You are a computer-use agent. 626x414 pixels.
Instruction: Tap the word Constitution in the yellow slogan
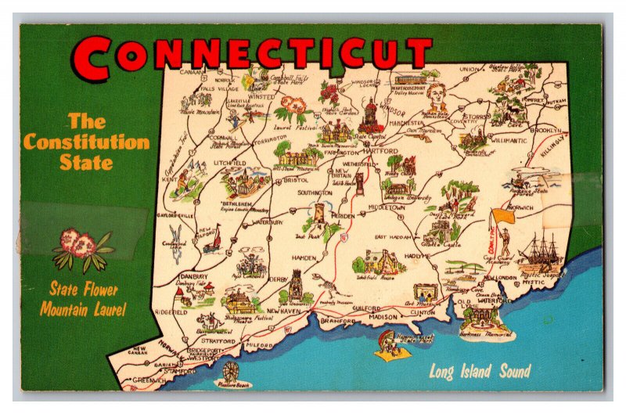coord(86,142)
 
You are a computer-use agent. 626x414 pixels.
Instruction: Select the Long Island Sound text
coord(479,371)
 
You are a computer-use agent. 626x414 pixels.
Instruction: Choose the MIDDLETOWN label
coord(388,209)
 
